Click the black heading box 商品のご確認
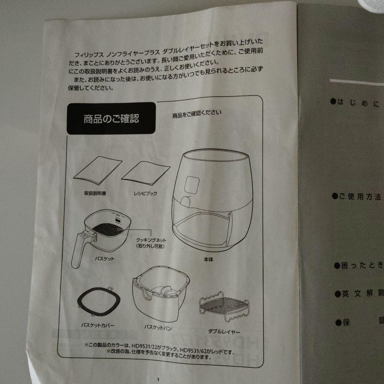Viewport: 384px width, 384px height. [111, 118]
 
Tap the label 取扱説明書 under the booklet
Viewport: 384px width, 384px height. [95, 194]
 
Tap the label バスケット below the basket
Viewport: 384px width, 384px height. [105, 259]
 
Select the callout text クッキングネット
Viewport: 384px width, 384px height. [151, 240]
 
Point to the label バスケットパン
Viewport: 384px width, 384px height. [158, 326]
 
